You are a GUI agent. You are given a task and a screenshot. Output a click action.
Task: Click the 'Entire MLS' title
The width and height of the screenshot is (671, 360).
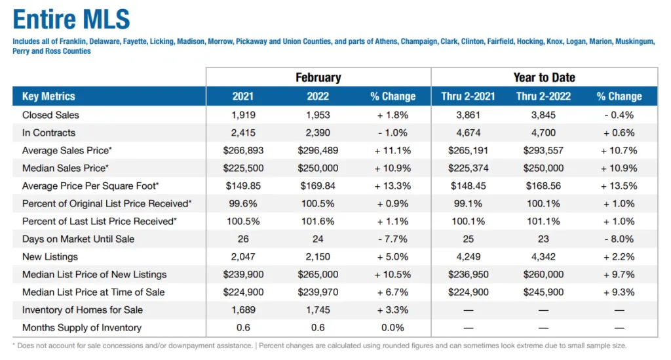click(x=71, y=20)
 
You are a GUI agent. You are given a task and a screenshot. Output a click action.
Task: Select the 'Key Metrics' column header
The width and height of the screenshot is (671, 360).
click(x=48, y=96)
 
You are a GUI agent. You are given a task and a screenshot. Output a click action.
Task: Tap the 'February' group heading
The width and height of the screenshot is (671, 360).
click(x=318, y=77)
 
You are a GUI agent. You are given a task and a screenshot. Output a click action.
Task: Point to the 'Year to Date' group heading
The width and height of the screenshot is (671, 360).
click(x=544, y=77)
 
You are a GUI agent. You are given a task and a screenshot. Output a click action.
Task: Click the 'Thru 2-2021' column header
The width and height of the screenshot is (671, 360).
click(x=469, y=96)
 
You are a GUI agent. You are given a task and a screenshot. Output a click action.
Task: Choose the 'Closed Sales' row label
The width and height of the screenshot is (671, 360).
click(x=50, y=115)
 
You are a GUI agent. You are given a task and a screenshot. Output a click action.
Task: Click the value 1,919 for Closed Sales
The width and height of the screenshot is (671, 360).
click(x=243, y=115)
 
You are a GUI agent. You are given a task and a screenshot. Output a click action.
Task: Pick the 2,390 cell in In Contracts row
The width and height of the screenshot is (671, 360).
click(x=318, y=132)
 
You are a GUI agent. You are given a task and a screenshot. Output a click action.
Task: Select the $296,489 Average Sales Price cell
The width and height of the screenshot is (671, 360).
click(x=318, y=150)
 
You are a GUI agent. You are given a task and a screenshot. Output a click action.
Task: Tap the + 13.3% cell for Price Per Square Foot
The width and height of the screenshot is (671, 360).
click(x=393, y=186)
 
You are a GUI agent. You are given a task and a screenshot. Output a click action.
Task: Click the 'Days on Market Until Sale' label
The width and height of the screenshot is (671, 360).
click(x=78, y=239)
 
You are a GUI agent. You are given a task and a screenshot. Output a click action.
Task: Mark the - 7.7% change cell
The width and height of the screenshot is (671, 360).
click(x=393, y=239)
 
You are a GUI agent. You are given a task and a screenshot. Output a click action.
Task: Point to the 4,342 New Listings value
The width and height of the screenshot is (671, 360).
click(x=543, y=256)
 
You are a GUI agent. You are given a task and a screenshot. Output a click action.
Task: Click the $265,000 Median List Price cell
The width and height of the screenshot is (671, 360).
click(x=318, y=274)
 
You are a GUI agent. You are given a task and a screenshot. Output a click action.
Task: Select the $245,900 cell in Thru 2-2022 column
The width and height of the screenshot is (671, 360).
click(x=543, y=292)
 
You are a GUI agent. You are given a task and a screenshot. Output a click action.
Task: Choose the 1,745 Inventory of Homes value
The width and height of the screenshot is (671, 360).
click(x=318, y=310)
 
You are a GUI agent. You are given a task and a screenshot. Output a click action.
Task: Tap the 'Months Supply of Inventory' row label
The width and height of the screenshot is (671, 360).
click(x=81, y=327)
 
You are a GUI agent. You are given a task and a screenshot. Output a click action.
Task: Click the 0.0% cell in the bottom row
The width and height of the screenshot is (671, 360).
click(x=393, y=327)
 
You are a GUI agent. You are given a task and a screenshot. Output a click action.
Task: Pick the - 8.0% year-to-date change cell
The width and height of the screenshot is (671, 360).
click(x=619, y=239)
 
